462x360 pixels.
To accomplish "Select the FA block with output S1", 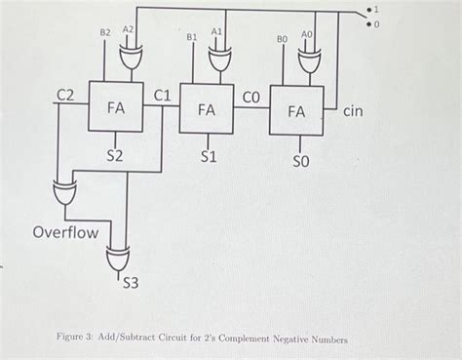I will click(206, 110).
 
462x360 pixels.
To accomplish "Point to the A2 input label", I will click(128, 30).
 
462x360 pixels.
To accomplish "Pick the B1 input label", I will click(192, 36).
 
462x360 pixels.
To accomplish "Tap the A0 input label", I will click(307, 34).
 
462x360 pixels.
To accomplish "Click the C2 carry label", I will click(65, 95).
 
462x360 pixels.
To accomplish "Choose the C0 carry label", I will click(250, 97).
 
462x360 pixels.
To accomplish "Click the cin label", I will click(352, 112).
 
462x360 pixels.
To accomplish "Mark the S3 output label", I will click(132, 284).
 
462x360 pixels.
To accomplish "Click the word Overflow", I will click(65, 233).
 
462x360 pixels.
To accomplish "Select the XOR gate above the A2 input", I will click(128, 60).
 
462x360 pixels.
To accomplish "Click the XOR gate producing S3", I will click(118, 259).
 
